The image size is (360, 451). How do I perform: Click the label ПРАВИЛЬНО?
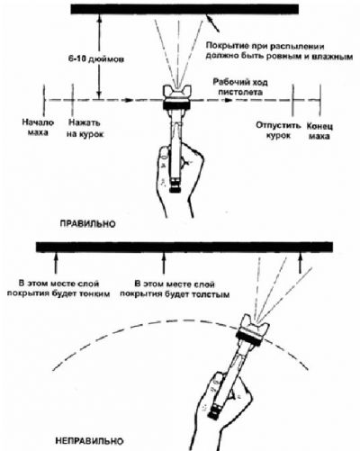[87, 224]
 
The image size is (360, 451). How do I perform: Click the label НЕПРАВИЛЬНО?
[89, 441]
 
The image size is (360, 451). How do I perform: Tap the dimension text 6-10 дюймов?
[95, 59]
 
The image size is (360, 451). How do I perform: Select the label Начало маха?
[38, 128]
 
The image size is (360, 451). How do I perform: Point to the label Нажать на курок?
[85, 129]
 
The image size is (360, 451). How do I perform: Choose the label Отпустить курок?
[278, 131]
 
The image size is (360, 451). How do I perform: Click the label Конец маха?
[319, 131]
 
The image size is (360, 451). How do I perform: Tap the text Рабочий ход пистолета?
[240, 86]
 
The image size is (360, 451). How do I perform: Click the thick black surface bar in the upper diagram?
[184, 9]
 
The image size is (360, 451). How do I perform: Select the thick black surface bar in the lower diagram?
[184, 247]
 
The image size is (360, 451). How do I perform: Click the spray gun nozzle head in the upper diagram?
[176, 97]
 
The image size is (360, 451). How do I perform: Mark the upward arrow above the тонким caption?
[55, 263]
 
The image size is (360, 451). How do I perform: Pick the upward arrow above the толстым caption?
[164, 263]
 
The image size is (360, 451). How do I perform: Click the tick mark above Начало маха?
[44, 100]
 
